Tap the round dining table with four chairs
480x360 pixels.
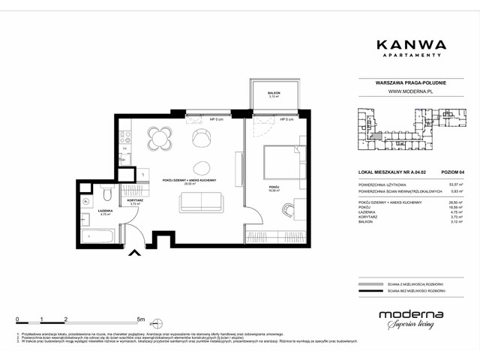[x=160, y=138]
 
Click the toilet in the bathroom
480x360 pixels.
[x=109, y=196]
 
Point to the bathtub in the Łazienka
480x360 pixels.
[x=97, y=237]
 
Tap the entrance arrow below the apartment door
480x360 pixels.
[x=135, y=253]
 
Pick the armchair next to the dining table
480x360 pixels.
[x=201, y=137]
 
